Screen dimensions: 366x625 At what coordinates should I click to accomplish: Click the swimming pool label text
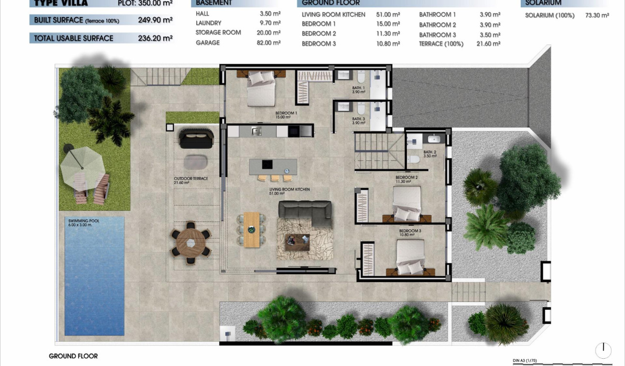tap(84, 223)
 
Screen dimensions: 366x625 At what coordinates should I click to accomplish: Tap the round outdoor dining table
tap(191, 245)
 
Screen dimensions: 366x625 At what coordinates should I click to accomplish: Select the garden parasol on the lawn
tap(82, 165)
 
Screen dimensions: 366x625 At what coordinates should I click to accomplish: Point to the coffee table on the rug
tap(297, 241)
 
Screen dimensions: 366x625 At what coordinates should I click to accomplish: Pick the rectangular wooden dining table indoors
tap(252, 229)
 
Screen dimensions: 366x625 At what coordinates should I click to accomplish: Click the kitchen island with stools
tap(273, 167)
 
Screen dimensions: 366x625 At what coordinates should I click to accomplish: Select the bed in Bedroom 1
tap(261, 89)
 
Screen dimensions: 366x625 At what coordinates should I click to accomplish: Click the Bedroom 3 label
tap(410, 233)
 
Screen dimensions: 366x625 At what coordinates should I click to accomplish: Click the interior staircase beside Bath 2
tap(379, 151)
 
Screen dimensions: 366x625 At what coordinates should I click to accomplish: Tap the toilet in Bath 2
tap(414, 159)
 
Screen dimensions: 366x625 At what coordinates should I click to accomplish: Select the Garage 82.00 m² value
tap(268, 43)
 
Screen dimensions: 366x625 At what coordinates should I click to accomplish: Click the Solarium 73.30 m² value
tap(597, 16)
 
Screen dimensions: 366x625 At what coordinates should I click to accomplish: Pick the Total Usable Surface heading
tap(74, 38)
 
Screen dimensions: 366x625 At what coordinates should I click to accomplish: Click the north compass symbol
tap(603, 350)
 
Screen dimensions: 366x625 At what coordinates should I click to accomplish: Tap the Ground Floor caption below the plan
tap(73, 356)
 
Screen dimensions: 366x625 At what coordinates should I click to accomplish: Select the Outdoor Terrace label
tap(191, 179)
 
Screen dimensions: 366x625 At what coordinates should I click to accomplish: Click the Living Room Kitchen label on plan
tap(290, 190)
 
